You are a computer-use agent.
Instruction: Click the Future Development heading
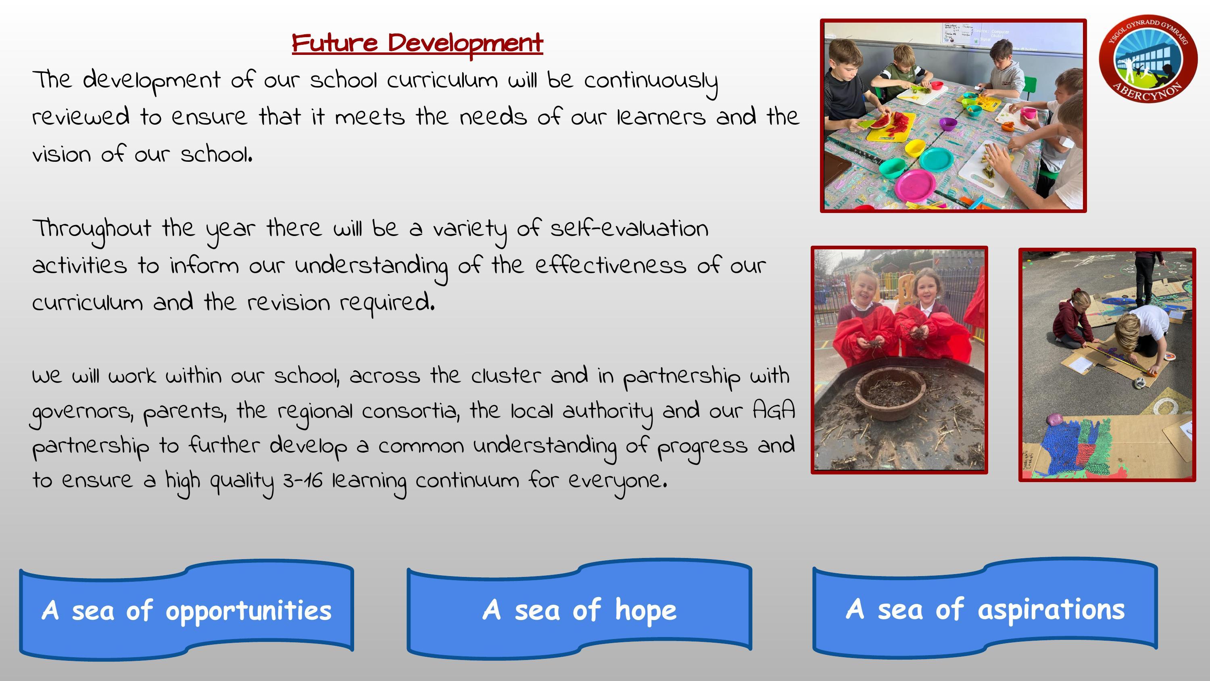(x=417, y=44)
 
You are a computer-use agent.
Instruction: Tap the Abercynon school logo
(x=1148, y=58)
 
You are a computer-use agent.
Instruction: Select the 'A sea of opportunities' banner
(x=186, y=610)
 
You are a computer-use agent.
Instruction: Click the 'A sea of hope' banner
(x=579, y=609)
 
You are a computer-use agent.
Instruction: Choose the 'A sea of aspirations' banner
(x=985, y=609)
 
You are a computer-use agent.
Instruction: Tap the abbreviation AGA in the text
(x=774, y=410)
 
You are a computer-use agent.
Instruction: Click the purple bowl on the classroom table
(x=948, y=125)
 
